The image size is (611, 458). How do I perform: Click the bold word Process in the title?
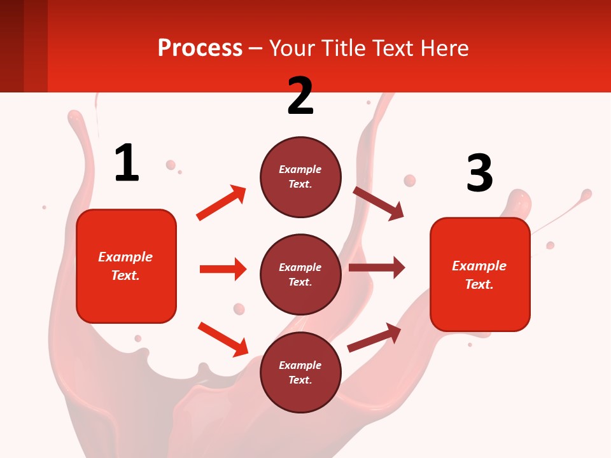pos(200,48)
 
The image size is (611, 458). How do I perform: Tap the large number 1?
pos(127,163)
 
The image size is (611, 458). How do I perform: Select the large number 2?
pos(300,96)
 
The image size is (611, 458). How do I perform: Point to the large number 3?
pos(479,173)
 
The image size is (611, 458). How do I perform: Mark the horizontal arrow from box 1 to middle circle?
pos(223,269)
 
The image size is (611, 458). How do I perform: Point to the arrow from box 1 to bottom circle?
pos(223,339)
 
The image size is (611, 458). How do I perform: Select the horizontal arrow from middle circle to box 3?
pos(377,268)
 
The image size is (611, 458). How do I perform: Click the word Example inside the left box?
pos(125,257)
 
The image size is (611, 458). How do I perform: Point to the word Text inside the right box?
pos(478,284)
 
